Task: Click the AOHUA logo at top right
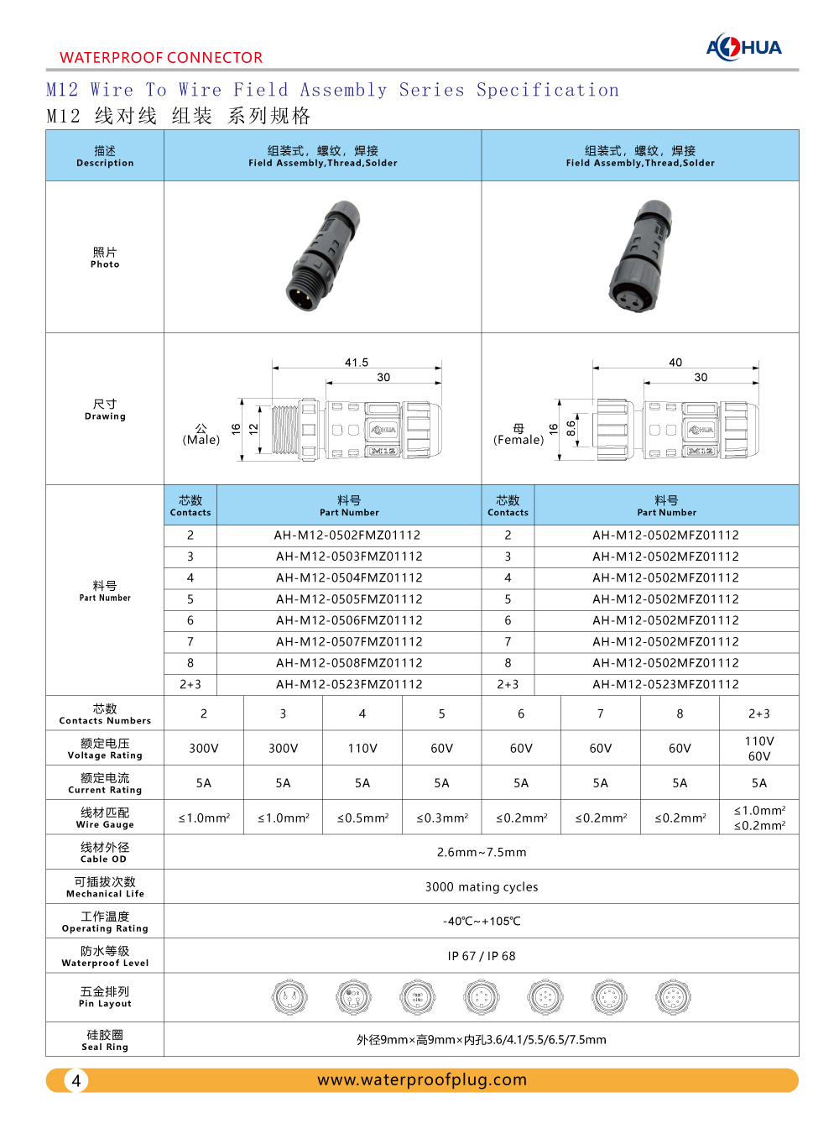click(x=743, y=47)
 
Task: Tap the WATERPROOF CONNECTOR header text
click(x=161, y=58)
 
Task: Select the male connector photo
click(x=322, y=256)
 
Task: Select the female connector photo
click(x=640, y=256)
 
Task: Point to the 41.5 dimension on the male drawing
click(x=357, y=363)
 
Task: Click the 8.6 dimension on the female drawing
click(x=571, y=428)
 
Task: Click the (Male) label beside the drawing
click(x=201, y=440)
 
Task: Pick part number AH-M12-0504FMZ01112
click(x=349, y=577)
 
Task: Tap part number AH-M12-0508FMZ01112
click(x=349, y=663)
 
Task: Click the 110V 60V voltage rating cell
click(x=758, y=749)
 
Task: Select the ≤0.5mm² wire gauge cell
click(x=362, y=818)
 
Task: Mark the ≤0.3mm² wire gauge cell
click(x=442, y=818)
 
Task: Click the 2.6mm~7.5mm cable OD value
click(x=482, y=852)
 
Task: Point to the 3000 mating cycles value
click(x=482, y=887)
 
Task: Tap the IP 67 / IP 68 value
click(x=482, y=956)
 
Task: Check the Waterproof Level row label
click(x=105, y=957)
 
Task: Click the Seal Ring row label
click(x=105, y=1041)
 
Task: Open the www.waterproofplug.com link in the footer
click(x=422, y=1080)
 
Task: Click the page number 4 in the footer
click(x=76, y=1080)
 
